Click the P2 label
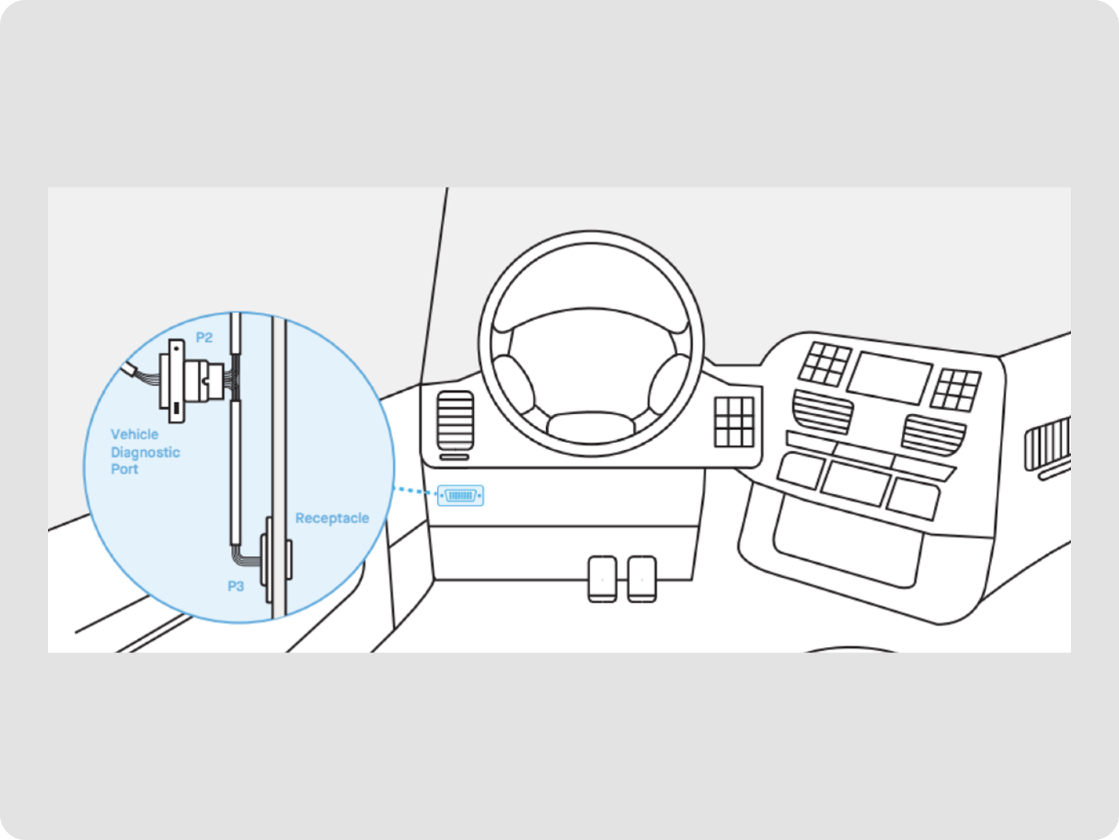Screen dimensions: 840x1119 [204, 338]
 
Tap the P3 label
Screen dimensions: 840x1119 [236, 586]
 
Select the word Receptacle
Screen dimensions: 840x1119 [332, 518]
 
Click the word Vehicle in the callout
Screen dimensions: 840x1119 [135, 434]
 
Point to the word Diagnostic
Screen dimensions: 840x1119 [145, 452]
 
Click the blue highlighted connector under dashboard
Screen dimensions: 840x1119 [460, 495]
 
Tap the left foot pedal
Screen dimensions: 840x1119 [602, 579]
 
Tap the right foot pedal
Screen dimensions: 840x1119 [642, 579]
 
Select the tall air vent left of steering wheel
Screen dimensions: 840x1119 [455, 420]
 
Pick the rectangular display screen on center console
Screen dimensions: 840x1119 [889, 378]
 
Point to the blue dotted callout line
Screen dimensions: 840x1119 [415, 491]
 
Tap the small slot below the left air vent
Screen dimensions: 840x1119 [454, 457]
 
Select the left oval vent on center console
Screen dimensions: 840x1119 [822, 411]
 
